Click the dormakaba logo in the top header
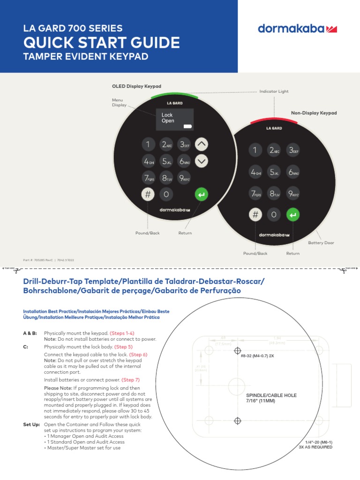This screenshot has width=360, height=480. (x=297, y=29)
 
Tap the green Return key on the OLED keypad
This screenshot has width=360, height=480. (x=201, y=194)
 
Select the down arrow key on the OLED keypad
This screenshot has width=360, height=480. (x=201, y=161)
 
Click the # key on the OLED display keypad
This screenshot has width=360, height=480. (x=147, y=194)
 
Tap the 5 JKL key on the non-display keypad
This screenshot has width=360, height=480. (x=274, y=172)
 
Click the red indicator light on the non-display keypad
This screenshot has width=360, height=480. (x=274, y=120)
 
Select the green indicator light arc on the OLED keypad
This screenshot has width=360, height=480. (x=174, y=95)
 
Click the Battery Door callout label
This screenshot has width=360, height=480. (x=321, y=243)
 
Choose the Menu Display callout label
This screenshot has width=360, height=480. (x=119, y=102)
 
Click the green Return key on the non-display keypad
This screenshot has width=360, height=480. (x=293, y=215)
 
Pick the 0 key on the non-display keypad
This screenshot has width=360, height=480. (x=274, y=215)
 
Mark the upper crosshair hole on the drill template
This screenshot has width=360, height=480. (x=238, y=351)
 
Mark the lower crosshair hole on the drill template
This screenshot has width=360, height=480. (x=238, y=421)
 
